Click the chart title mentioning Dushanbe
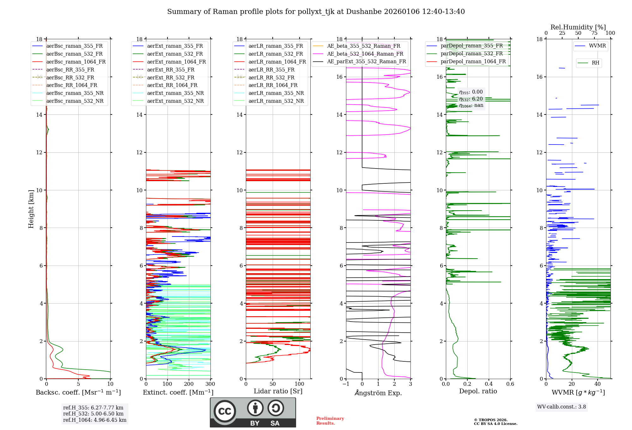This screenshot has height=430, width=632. coord(316,12)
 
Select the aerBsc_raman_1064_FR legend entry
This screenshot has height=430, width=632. coord(76,62)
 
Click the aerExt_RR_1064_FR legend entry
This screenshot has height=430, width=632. coord(172,85)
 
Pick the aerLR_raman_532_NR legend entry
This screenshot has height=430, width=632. coord(276,101)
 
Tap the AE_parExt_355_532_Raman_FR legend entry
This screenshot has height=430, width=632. coord(366,61)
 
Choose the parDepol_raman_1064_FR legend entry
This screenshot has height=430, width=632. coord(473,61)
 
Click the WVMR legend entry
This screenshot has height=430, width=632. coord(597,46)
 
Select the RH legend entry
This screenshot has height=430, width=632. coord(595,63)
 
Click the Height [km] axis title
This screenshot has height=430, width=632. coord(31,209)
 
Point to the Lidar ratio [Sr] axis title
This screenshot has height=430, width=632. coord(278,391)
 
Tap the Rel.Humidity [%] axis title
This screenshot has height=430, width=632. coord(578,27)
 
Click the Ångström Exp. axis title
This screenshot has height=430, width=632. coord(378,393)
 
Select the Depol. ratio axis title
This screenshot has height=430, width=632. coord(478,391)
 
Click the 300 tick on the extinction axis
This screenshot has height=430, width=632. coord(210,384)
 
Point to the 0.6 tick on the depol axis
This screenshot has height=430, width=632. coord(510,384)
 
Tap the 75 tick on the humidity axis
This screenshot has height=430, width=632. coord(594,33)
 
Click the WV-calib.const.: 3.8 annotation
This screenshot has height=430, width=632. coord(562,407)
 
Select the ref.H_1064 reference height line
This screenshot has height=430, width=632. coord(95,420)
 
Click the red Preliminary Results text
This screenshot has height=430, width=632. coord(330,421)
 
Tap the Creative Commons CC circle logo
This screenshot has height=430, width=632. coord(225,411)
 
